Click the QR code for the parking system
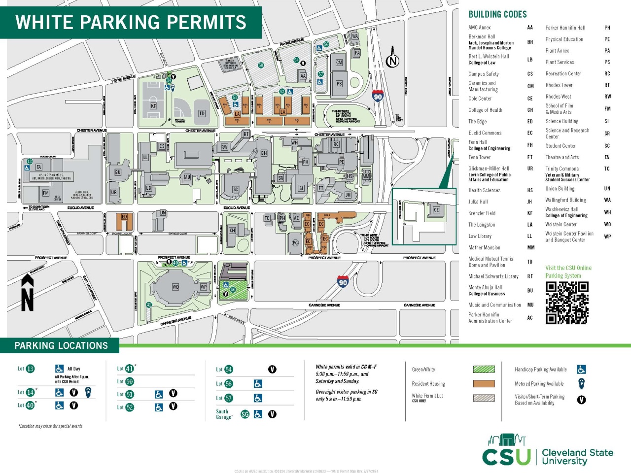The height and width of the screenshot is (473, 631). click(567, 303)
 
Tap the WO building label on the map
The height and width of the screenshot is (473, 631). click(175, 287)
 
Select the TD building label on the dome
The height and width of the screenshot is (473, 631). click(202, 113)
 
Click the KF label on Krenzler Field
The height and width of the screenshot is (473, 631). click(153, 106)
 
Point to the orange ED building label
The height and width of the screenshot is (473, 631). click(124, 217)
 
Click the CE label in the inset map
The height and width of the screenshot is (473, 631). click(436, 210)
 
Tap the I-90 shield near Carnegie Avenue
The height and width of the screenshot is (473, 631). click(343, 282)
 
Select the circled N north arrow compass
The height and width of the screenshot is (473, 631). click(392, 61)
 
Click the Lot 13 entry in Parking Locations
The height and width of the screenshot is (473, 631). click(26, 369)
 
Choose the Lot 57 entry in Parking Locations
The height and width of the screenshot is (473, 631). click(224, 398)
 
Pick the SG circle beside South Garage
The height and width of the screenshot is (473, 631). click(245, 414)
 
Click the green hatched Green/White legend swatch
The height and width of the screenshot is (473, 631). click(484, 369)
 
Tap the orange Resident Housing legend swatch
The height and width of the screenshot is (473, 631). click(484, 383)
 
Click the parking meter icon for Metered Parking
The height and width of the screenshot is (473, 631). click(581, 383)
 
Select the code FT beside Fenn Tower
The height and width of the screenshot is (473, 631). click(530, 157)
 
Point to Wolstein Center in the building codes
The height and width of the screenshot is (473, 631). click(561, 224)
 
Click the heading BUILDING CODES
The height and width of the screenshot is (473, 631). click(497, 14)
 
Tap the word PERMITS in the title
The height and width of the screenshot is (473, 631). click(208, 23)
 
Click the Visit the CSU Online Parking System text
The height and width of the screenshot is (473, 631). click(568, 271)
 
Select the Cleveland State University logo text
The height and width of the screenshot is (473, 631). click(577, 457)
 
